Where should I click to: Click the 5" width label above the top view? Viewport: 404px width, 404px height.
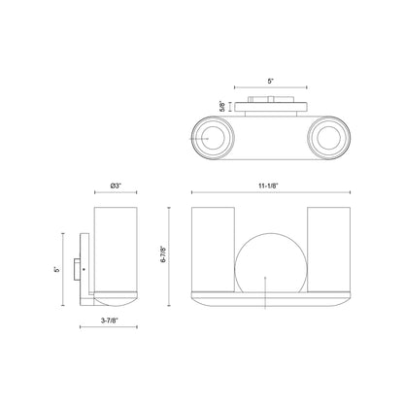coord(271,81)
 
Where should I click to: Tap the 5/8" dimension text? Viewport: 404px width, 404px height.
coord(222,107)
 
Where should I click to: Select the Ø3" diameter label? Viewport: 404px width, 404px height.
coord(116,185)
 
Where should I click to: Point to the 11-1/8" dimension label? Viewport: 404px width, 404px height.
coord(268,185)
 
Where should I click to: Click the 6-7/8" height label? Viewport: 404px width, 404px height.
coord(163,254)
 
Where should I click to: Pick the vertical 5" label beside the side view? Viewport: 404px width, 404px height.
coord(56,269)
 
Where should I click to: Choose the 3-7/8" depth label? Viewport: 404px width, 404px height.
coord(110,320)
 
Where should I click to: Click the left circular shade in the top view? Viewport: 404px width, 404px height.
coord(212,138)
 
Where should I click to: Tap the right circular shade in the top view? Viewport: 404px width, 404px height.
coord(328,138)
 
